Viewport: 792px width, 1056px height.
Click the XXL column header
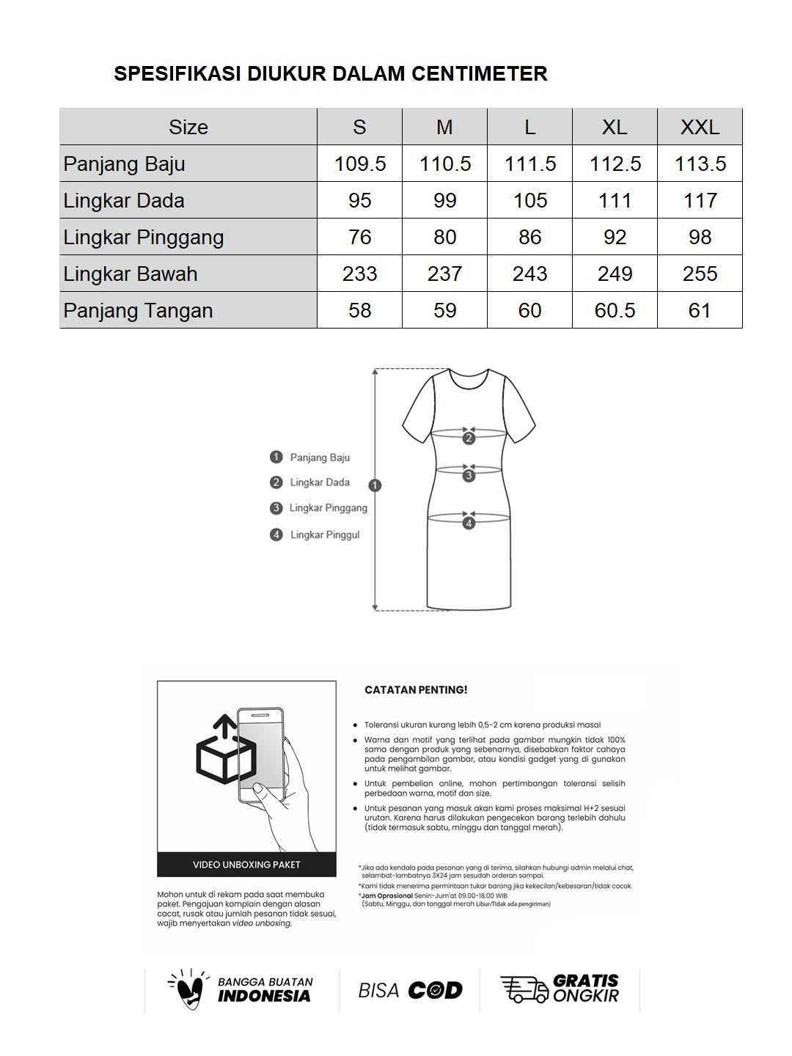coord(700,127)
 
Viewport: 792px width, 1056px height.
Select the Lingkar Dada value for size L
coord(529,200)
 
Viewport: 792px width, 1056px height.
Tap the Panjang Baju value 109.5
coord(359,164)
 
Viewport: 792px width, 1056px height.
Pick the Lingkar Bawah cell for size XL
coord(615,274)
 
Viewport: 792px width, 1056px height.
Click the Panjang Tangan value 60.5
coord(615,310)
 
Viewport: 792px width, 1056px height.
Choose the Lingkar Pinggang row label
coord(144,237)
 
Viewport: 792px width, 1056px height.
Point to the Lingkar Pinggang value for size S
coord(359,237)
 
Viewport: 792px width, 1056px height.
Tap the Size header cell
coord(188,127)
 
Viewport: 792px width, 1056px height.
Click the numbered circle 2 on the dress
coord(469,439)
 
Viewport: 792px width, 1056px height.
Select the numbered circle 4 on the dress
coord(469,523)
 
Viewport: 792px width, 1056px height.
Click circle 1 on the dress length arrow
coord(375,485)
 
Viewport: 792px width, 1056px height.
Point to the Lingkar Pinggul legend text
coord(325,535)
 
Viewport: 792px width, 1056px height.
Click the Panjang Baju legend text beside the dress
coord(320,458)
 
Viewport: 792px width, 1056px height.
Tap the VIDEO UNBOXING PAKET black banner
coord(246,865)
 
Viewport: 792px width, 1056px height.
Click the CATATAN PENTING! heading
coord(416,690)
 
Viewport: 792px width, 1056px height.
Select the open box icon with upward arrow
coord(226,750)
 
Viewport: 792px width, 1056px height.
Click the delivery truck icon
coord(524,989)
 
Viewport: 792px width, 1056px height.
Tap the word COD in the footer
coord(435,991)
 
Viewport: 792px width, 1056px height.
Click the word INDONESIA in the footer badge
coord(264,997)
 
